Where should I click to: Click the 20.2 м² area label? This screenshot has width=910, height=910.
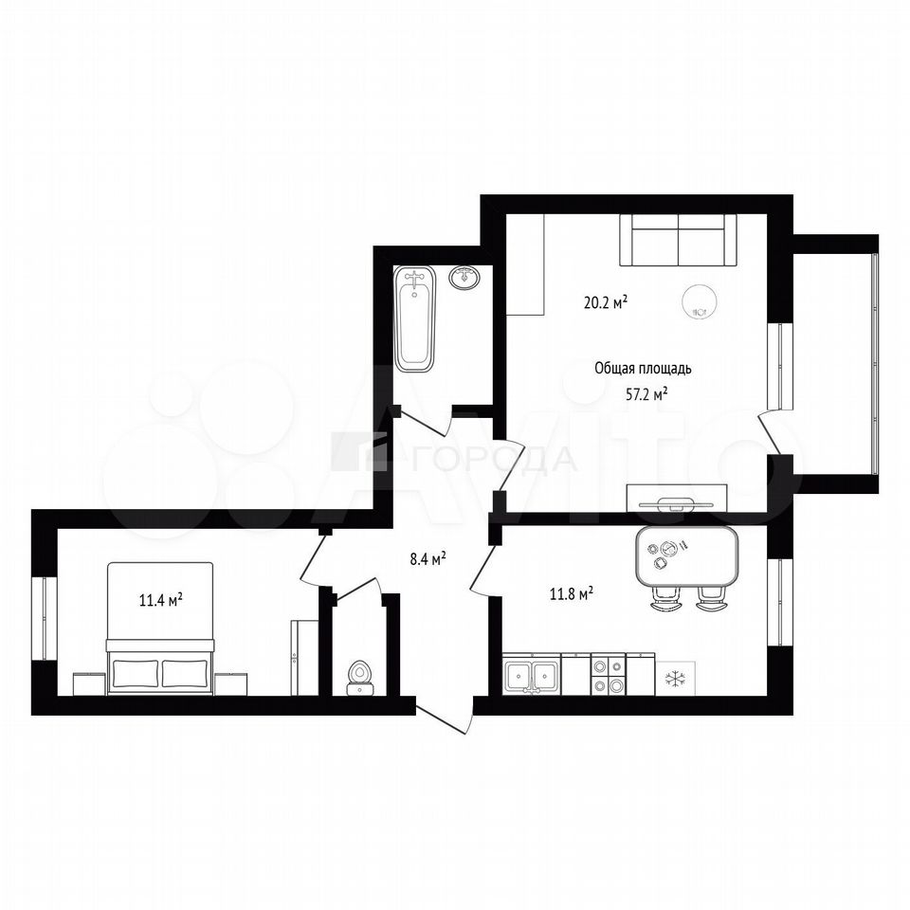(x=606, y=302)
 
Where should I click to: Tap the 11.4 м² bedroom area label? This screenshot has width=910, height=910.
(x=161, y=599)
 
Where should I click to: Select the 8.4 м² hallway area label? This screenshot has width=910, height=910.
(x=428, y=559)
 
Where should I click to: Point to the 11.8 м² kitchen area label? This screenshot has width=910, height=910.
(x=571, y=593)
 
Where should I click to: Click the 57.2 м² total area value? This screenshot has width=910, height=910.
(x=646, y=394)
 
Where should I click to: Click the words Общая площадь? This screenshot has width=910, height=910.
(x=643, y=369)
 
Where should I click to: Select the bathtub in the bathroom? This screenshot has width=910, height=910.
(x=414, y=318)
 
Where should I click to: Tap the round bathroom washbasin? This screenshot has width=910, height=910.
(x=464, y=278)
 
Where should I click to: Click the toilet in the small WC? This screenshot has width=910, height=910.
(x=360, y=678)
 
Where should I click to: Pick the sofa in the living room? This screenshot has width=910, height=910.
(x=678, y=240)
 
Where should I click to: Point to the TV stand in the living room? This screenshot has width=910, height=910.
(x=677, y=498)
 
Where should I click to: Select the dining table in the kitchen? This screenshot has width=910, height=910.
(x=687, y=556)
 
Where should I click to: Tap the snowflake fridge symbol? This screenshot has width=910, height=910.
(x=675, y=679)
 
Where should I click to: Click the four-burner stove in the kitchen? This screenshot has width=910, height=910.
(x=608, y=674)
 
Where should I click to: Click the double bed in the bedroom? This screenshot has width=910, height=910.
(x=160, y=628)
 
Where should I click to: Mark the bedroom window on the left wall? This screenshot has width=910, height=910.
(x=45, y=618)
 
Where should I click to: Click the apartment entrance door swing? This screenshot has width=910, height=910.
(x=445, y=717)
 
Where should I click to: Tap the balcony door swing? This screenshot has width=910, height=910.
(x=774, y=433)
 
